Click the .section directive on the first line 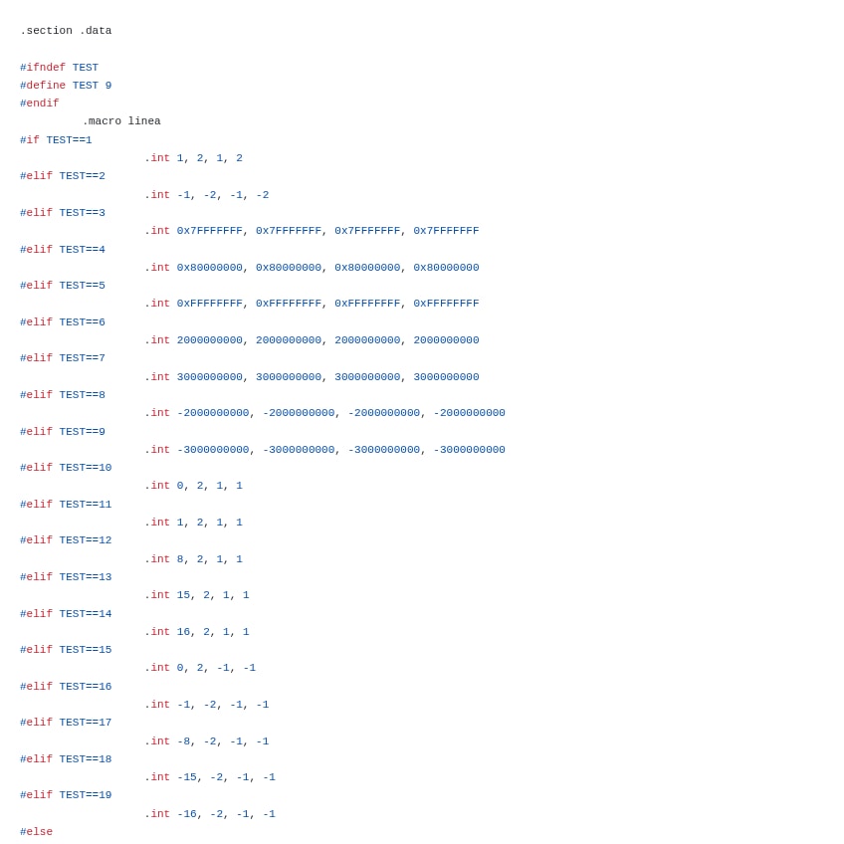46,31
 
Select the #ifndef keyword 43,68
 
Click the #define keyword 43,86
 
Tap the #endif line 40,104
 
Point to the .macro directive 102,121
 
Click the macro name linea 144,121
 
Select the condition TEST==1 69,140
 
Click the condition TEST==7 82,358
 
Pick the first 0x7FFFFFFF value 210,231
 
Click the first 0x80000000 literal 210,268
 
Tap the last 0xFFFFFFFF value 446,304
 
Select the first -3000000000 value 213,450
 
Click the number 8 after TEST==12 180,559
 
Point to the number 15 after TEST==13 184,595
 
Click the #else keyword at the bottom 37,832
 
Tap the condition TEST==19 86,795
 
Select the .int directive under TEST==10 157,486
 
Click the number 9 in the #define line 108,86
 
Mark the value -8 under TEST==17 183,741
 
